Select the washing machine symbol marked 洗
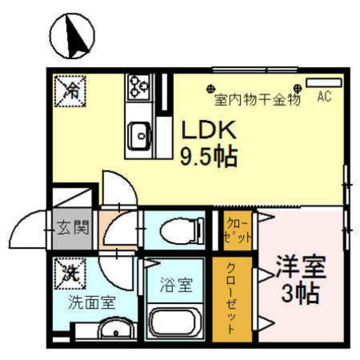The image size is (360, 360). coord(68,273)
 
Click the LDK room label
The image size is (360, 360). coord(208,131)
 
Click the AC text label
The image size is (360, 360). coord(325,97)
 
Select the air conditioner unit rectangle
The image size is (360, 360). coord(324,83)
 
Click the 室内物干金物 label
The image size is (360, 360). coord(256,100)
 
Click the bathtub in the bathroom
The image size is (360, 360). coord(175,321)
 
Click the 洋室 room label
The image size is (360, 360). coord(301,268)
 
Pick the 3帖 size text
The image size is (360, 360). coord(301,294)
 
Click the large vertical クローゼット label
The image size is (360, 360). coord(232,298)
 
